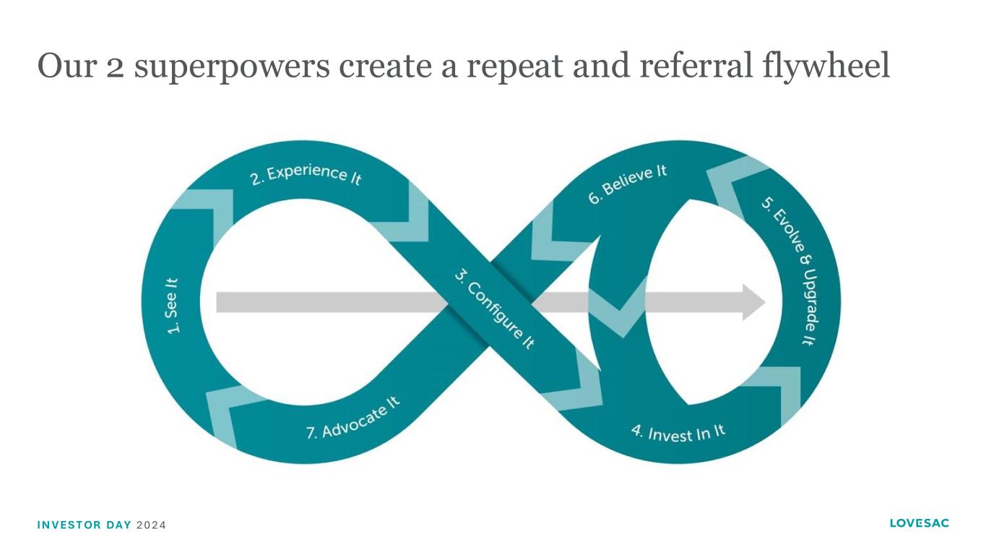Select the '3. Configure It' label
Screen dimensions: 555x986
[x=494, y=309]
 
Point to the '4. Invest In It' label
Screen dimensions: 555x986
[x=678, y=433]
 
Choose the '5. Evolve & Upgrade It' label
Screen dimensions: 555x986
[x=788, y=270]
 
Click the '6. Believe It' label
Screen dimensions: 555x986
[x=627, y=184]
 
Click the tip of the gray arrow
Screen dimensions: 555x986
[x=764, y=302]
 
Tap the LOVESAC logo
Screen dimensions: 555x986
[x=919, y=523]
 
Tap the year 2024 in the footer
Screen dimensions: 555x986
[x=151, y=525]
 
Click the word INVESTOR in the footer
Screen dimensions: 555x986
[x=69, y=525]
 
